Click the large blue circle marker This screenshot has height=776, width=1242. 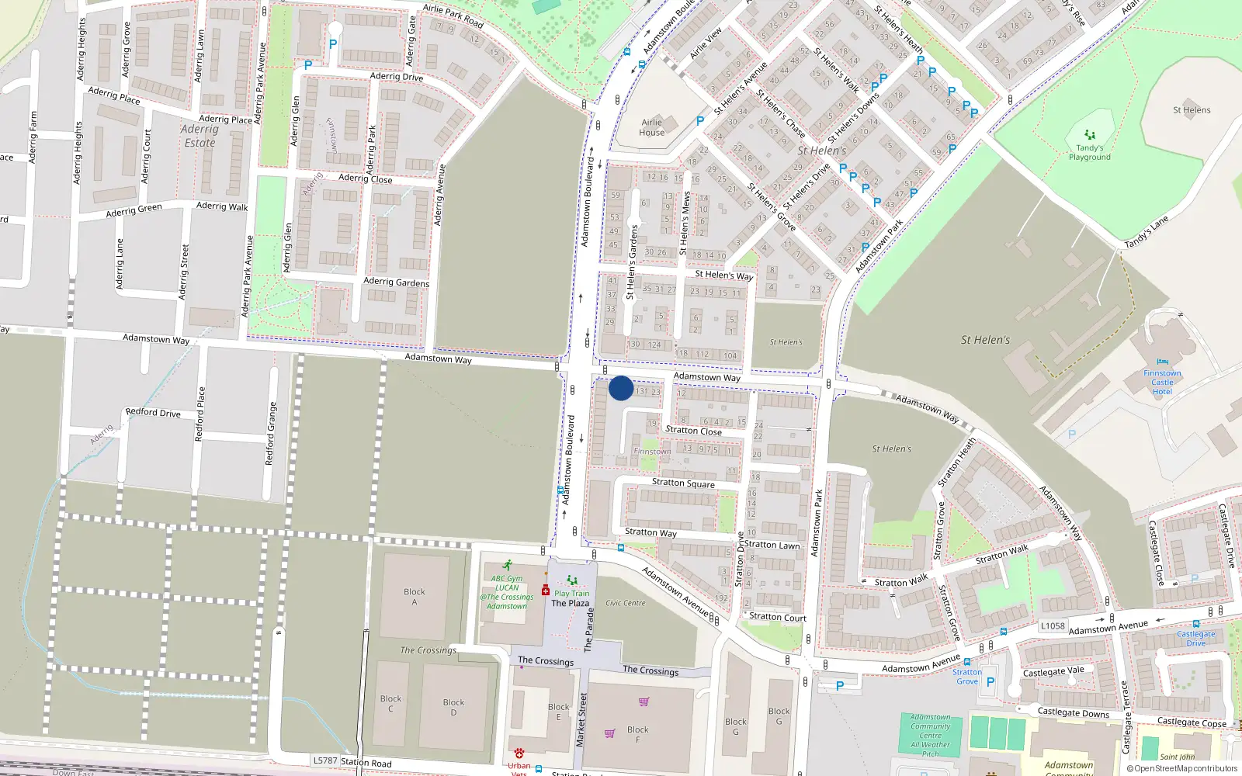pos(621,388)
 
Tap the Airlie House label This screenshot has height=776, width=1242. pos(652,127)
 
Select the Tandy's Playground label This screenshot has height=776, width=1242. pos(1089,152)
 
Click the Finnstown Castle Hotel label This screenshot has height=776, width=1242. pos(1162,382)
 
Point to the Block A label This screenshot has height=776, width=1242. pos(415,596)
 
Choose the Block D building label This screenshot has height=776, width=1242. pos(453,708)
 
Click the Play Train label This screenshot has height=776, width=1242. pos(572,593)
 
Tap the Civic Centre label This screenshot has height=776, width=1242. pos(625,603)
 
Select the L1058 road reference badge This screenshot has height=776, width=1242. pos(1053,625)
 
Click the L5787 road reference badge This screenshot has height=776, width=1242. pos(325,760)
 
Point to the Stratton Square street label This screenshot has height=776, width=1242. pos(683,483)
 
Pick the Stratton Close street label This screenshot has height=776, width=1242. pos(693,431)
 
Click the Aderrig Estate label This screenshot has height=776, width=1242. pos(199,136)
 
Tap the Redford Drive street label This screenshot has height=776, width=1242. pos(153,413)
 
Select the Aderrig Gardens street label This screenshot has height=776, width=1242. pos(396,282)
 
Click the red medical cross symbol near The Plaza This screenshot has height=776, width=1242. pos(546,591)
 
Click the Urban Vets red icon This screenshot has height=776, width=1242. pos(519,753)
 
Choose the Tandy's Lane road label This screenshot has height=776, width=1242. pos(1147,232)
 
